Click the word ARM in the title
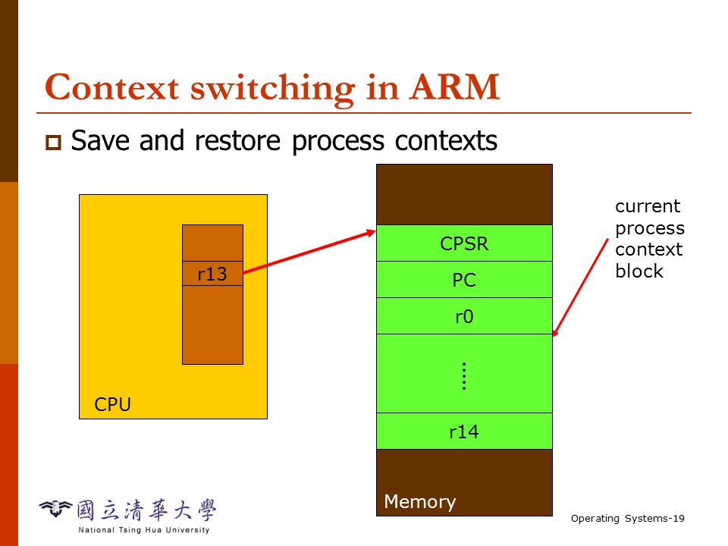pos(454,87)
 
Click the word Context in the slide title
pos(112,87)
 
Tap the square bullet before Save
pos(53,142)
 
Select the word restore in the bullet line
pos(237,141)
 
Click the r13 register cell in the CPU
pos(212,274)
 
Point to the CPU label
pos(112,404)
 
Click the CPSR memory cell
pos(464,243)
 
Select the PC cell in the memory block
pos(464,280)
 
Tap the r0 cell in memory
pos(464,315)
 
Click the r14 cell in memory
pos(464,431)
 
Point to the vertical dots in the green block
pos(464,376)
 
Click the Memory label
pos(420,502)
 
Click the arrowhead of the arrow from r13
pos(371,232)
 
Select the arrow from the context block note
pos(580,287)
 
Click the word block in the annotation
pos(639,271)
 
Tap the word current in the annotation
pos(648,206)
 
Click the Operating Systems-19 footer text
pos(628,519)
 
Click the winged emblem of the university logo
pos(55,508)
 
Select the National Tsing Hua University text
pos(144,530)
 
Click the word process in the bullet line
pos(338,142)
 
